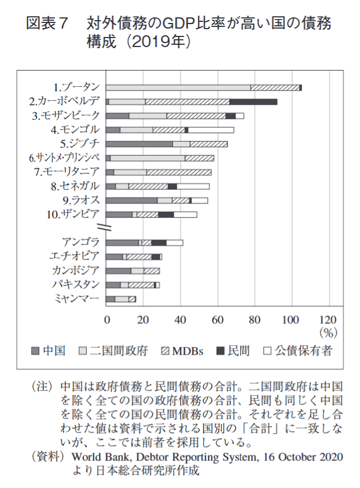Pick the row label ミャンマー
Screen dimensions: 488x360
[x=77, y=299]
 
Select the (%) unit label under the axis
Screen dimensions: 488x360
[x=327, y=332]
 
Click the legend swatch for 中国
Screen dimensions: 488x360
[x=34, y=351]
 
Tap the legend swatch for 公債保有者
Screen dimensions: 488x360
[x=267, y=351]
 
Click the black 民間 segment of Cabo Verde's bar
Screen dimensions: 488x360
[x=253, y=101]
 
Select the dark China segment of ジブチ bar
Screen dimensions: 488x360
[x=139, y=144]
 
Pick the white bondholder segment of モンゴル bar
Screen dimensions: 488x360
[x=211, y=130]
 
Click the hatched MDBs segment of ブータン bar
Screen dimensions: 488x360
[x=275, y=87]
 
